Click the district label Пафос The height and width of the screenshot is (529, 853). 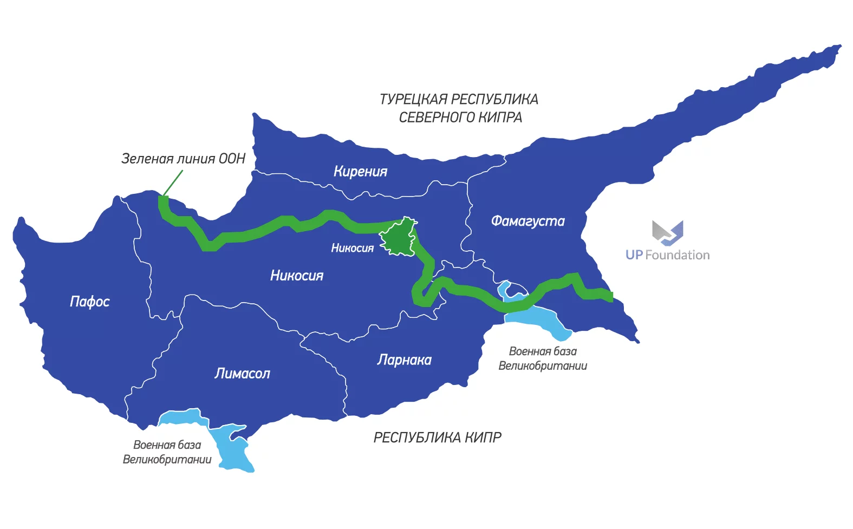[89, 302]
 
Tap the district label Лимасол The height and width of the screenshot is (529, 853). [242, 374]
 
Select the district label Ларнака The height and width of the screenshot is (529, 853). [404, 360]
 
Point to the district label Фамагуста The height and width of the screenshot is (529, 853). [528, 221]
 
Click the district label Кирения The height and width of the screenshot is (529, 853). [360, 172]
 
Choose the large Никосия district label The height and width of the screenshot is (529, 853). [296, 276]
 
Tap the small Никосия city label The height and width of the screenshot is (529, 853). [352, 248]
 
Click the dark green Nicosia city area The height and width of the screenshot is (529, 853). [399, 238]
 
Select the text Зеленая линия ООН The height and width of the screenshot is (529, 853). [183, 159]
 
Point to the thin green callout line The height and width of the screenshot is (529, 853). [173, 182]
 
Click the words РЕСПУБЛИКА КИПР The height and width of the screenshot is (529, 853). [437, 437]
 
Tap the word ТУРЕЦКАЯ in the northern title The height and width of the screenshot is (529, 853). [413, 100]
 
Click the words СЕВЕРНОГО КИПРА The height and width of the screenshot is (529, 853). [460, 117]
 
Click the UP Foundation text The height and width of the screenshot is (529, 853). [667, 255]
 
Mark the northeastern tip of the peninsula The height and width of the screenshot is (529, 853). [839, 47]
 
